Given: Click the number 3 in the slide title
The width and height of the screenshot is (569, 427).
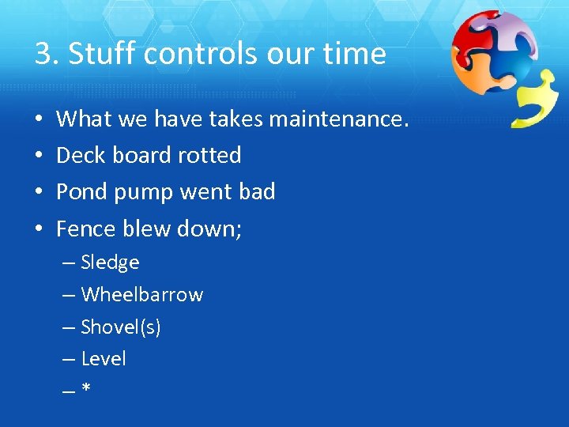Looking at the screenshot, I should (43, 54).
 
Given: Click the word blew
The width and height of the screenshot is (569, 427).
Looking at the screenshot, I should (149, 229).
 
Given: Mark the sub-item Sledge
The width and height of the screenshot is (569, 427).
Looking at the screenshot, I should (110, 263).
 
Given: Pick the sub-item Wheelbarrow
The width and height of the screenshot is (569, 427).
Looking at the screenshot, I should (141, 295).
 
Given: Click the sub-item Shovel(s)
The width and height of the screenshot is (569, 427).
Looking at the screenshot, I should (121, 327).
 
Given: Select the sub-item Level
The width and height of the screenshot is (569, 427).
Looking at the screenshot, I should (104, 359).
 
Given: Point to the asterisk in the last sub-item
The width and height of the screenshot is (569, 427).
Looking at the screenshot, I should (85, 389).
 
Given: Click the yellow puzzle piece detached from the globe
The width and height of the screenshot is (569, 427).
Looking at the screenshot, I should (535, 100).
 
